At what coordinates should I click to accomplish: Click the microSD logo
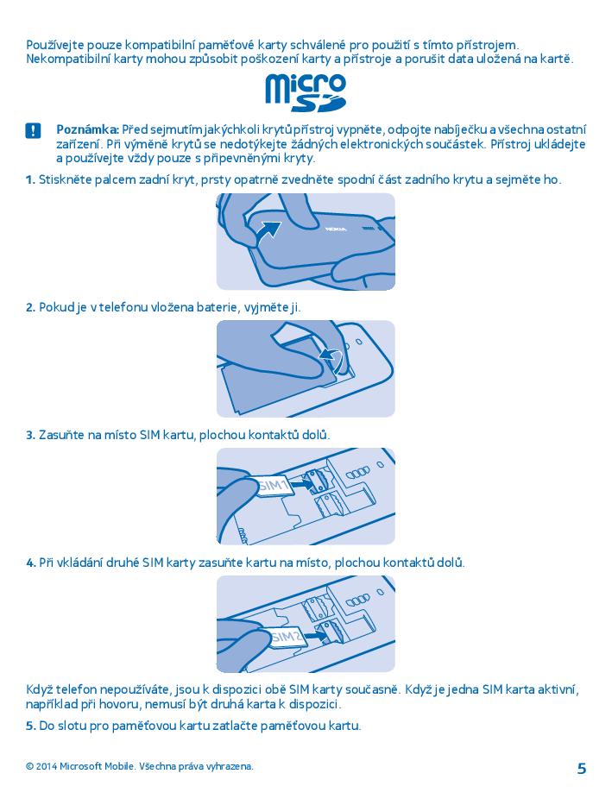coord(306,93)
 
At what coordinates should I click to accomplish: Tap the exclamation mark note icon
coord(33,131)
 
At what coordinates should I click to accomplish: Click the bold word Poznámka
coord(88,130)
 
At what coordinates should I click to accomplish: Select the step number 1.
coord(30,179)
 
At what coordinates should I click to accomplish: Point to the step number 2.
coord(30,307)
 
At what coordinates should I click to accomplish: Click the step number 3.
coord(30,436)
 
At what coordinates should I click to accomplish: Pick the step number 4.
coord(30,563)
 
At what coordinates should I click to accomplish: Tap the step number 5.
coord(30,726)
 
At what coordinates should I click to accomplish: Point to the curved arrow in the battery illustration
coord(331,358)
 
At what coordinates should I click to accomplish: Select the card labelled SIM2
coord(286,638)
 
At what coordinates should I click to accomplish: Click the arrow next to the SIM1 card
coord(302,483)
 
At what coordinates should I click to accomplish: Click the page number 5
coord(581,769)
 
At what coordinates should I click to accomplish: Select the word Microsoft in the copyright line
coord(81,766)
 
